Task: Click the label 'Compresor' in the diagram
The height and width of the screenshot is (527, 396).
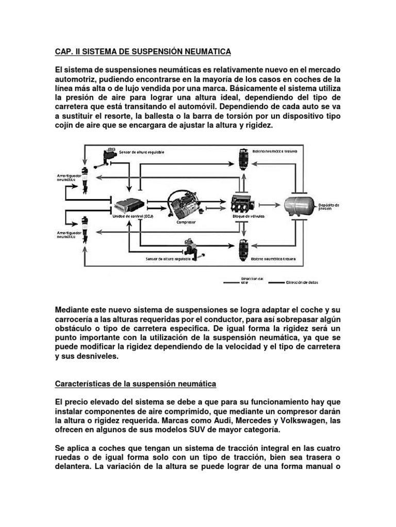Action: coord(186,223)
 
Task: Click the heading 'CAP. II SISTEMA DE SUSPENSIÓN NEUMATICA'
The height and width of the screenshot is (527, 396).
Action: coord(143,51)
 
